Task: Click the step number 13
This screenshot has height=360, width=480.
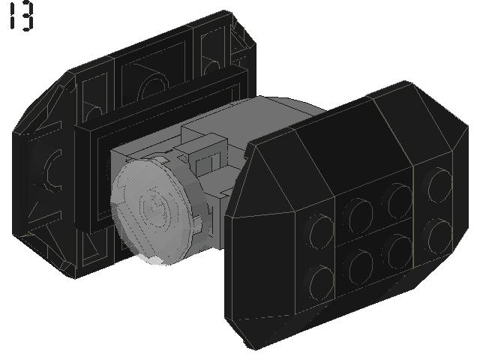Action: coord(22,16)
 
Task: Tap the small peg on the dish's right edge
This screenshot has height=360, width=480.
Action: coord(198,223)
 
